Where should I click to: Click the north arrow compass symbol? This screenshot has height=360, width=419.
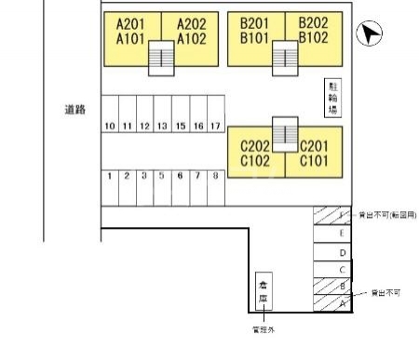pyautogui.click(x=371, y=35)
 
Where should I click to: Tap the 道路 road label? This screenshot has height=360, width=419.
pyautogui.click(x=74, y=109)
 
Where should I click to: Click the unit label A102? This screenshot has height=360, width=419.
pyautogui.click(x=190, y=39)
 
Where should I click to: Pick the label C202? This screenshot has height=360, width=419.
pyautogui.click(x=254, y=146)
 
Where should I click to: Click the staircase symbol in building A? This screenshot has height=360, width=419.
pyautogui.click(x=161, y=59)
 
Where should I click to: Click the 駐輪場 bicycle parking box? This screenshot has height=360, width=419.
pyautogui.click(x=332, y=98)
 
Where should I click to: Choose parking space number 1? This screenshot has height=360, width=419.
pyautogui.click(x=110, y=175)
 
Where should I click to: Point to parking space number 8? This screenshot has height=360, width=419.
pyautogui.click(x=215, y=175)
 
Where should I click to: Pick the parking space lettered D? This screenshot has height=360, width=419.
pyautogui.click(x=343, y=252)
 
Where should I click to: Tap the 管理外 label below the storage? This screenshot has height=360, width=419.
pyautogui.click(x=264, y=328)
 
